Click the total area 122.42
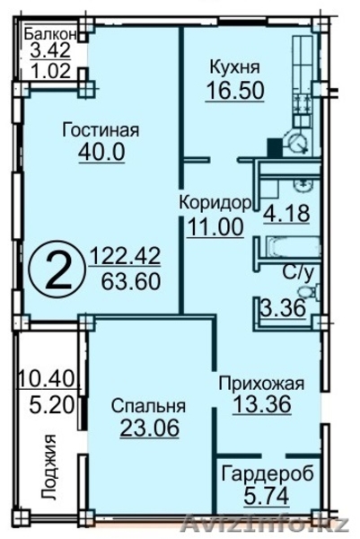[125, 260]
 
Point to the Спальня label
[144, 404]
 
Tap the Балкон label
[55, 34]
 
